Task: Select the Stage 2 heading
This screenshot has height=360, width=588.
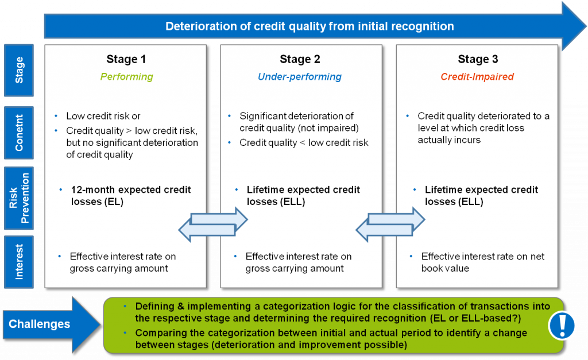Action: (x=300, y=59)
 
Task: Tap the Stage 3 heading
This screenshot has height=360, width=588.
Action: (x=478, y=59)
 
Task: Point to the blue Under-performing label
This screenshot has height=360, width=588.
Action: (x=300, y=76)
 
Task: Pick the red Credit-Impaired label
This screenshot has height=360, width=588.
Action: (x=477, y=76)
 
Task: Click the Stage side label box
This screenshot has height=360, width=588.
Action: (x=19, y=70)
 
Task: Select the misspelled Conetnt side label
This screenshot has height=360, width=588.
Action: (x=19, y=132)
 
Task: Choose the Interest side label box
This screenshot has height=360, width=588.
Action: (x=19, y=261)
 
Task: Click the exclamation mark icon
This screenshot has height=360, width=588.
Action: (x=562, y=326)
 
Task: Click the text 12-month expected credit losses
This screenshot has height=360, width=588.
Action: (x=131, y=195)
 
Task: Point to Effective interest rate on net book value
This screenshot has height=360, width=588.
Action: (x=482, y=262)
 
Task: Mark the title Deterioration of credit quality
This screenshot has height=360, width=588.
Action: (x=310, y=26)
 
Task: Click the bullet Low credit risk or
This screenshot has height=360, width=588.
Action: (x=103, y=116)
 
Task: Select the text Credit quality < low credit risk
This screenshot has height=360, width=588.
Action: (x=304, y=142)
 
